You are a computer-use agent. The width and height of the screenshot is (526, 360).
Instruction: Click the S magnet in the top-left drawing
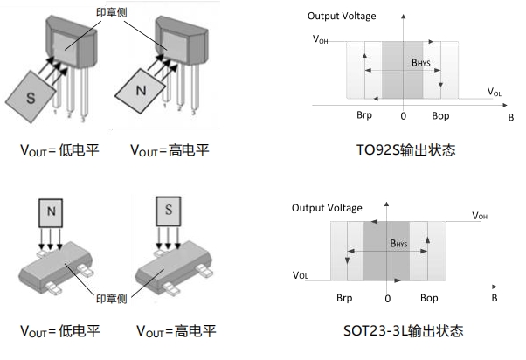[31, 99]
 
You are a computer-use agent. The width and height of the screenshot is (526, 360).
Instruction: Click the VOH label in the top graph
[321, 39]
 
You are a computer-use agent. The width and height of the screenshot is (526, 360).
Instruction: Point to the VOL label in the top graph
[494, 91]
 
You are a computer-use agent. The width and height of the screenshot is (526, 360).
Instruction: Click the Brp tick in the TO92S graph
[364, 116]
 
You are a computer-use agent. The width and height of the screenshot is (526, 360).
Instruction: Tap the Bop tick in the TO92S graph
[440, 116]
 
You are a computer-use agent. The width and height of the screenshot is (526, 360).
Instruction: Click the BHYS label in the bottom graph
[398, 243]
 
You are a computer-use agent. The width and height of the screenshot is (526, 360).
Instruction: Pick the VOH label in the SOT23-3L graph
[480, 215]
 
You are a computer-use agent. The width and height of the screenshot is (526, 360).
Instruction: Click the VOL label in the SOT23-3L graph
[300, 274]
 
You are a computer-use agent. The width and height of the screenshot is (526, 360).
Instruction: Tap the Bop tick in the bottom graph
[429, 298]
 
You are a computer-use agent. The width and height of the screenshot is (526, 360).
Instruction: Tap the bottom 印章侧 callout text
[108, 293]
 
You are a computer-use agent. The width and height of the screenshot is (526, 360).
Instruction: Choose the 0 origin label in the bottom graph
[387, 298]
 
